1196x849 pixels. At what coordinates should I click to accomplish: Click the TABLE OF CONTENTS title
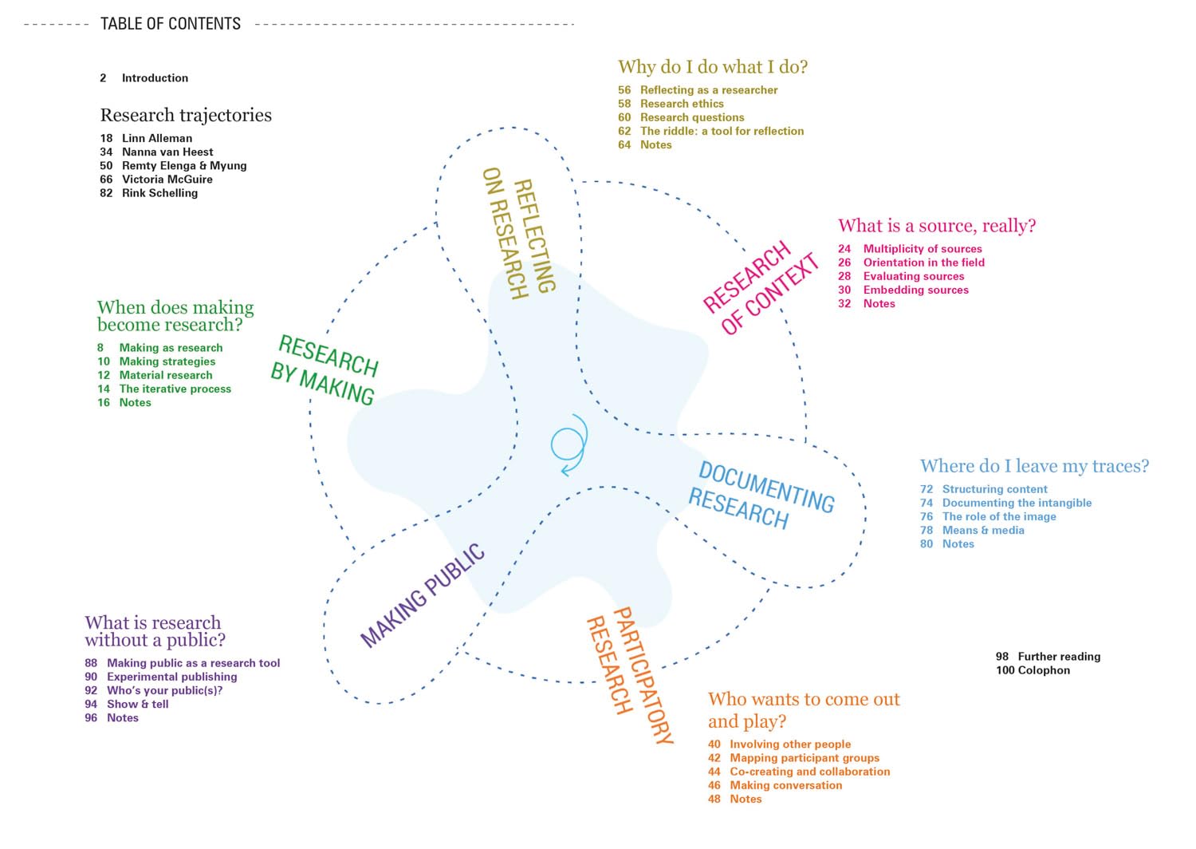point(170,24)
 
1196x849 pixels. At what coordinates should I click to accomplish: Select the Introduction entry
point(155,78)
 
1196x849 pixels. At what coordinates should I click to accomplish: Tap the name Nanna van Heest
point(167,152)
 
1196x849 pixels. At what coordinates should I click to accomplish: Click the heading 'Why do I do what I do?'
point(712,67)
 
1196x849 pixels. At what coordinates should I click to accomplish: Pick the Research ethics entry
point(682,104)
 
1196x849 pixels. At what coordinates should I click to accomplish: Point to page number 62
point(624,131)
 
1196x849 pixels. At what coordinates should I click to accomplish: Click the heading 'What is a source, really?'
point(936,226)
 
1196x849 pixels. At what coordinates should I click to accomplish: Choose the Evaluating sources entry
point(913,276)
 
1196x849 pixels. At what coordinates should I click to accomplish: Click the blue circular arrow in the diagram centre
point(569,444)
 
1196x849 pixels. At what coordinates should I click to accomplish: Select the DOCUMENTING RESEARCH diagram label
point(761,496)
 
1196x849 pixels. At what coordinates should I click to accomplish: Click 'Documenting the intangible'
point(1017,503)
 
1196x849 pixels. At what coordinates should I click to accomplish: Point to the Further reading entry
point(1058,657)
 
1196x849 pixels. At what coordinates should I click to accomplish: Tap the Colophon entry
point(1043,670)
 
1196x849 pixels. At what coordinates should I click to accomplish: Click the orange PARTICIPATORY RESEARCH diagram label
point(630,675)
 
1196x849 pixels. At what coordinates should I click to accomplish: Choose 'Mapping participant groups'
point(805,758)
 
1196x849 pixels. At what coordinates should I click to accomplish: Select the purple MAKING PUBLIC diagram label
point(423,595)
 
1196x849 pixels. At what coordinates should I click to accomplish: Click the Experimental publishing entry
point(171,677)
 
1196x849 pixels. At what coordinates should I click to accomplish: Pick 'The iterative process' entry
point(175,389)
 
